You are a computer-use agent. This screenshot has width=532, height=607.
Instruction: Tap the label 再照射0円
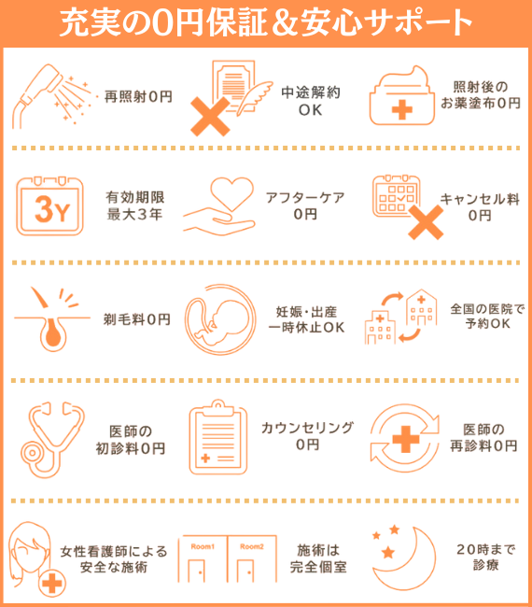(x=138, y=96)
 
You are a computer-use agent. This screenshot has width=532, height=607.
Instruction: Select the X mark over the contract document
(x=210, y=116)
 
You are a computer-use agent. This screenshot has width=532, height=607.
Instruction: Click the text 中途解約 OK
(x=310, y=101)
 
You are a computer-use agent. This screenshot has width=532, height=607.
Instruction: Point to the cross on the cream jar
(x=401, y=110)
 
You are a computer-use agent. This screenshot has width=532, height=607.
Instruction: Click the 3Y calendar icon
(x=49, y=206)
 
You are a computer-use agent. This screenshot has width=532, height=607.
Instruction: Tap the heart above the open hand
(x=231, y=192)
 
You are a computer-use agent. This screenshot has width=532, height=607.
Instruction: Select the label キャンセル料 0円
(x=480, y=207)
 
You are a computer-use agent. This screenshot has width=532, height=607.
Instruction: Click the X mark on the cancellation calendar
(x=426, y=222)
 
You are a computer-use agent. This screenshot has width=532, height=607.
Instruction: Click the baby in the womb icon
(x=220, y=319)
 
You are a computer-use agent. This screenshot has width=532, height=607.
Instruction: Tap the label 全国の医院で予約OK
(x=487, y=317)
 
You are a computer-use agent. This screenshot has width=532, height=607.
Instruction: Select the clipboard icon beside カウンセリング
(x=217, y=437)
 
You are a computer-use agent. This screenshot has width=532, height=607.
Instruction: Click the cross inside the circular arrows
(x=405, y=439)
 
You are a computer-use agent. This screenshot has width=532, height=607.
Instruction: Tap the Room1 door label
(x=203, y=546)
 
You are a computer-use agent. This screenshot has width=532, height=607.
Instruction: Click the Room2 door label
(x=251, y=546)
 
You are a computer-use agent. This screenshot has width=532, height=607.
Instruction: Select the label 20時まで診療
(x=485, y=557)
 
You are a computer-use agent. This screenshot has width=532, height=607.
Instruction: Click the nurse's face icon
(x=29, y=550)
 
